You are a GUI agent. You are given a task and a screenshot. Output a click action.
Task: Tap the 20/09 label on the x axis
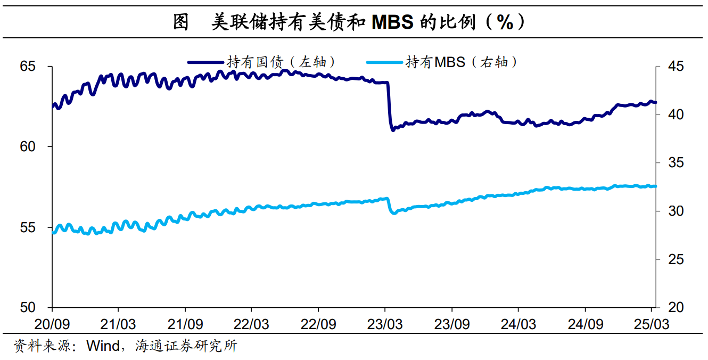pos(52,324)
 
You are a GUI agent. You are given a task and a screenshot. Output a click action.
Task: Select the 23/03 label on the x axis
pos(385,324)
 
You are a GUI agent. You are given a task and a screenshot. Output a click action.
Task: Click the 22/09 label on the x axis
pos(318,324)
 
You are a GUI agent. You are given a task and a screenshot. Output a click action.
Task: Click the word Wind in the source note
pos(103,346)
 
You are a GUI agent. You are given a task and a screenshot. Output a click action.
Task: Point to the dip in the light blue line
pos(393,212)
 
